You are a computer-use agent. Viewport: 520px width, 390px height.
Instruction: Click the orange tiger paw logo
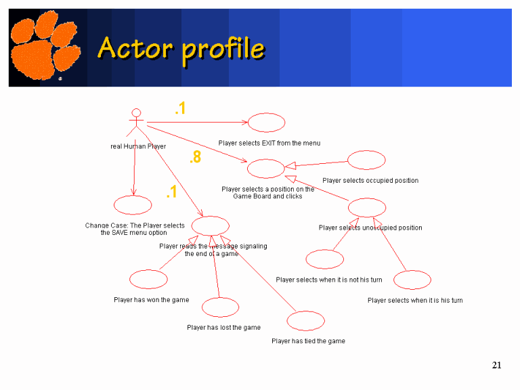(x=45, y=47)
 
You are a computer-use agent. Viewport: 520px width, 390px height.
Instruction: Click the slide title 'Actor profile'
(x=181, y=48)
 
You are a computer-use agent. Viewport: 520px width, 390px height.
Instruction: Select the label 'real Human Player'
(x=138, y=146)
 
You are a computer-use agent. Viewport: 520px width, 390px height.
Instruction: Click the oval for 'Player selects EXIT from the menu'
(x=266, y=123)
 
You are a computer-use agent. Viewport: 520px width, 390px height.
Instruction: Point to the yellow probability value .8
(x=195, y=158)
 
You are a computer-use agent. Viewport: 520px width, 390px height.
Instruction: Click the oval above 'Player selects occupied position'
(x=366, y=160)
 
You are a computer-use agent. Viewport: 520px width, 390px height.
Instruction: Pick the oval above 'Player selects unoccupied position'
(x=367, y=207)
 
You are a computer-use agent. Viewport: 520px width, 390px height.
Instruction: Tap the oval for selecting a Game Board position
(x=265, y=169)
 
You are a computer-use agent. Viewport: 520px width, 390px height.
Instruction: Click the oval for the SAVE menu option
(x=133, y=204)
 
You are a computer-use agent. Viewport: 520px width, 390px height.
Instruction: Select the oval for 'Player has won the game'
(x=148, y=279)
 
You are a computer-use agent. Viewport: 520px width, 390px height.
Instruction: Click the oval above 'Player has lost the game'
(x=220, y=307)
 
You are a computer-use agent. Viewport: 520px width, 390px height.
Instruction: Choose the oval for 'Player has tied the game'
(x=305, y=321)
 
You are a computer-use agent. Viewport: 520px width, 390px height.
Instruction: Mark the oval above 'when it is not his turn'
(x=325, y=259)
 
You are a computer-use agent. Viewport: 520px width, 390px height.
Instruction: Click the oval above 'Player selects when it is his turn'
(x=412, y=280)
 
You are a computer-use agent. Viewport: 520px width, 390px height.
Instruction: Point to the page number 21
(x=496, y=366)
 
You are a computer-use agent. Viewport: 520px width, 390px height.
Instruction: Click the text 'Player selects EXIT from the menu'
(x=269, y=144)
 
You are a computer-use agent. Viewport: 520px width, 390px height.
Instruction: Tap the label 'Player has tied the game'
(x=308, y=341)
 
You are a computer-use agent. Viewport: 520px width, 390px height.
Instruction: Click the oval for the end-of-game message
(x=211, y=225)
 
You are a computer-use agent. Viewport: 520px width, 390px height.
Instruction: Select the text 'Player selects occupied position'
(x=370, y=181)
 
